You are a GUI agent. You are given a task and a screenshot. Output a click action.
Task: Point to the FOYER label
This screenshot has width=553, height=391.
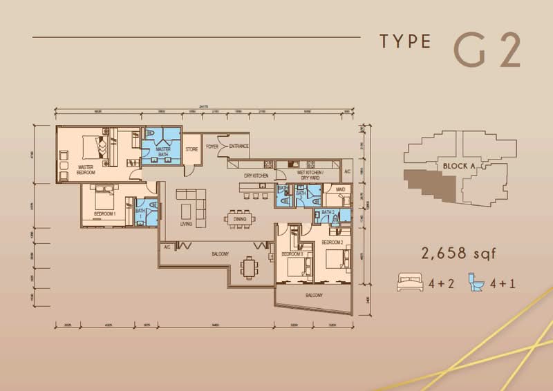click(x=212, y=146)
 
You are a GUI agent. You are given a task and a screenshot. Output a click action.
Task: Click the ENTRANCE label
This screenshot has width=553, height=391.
click(x=238, y=146)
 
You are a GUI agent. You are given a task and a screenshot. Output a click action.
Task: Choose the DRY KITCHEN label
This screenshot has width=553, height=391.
click(x=255, y=176)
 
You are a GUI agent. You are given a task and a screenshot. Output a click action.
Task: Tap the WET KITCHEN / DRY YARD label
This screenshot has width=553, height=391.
click(x=312, y=174)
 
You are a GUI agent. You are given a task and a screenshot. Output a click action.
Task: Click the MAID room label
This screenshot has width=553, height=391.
click(x=340, y=189)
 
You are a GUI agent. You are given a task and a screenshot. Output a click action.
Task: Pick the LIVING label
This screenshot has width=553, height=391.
click(x=186, y=224)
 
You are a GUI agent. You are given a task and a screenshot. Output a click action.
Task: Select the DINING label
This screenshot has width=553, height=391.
click(x=240, y=219)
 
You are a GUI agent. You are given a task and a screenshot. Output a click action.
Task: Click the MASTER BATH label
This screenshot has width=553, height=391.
click(x=163, y=151)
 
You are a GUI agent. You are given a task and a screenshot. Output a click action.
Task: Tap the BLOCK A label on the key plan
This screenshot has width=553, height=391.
click(x=453, y=166)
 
